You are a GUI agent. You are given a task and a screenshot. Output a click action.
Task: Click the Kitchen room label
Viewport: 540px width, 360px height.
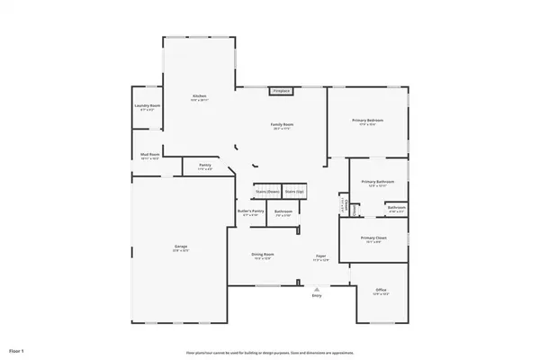tap(199, 95)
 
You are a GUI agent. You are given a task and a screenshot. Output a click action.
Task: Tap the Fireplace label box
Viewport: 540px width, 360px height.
tap(282, 91)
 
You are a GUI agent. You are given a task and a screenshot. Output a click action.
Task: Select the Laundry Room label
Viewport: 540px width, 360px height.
tap(147, 106)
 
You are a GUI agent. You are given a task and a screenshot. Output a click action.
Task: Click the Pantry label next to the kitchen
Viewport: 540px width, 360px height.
tap(204, 166)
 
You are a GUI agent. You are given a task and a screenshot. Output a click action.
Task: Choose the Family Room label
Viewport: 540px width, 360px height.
tap(283, 124)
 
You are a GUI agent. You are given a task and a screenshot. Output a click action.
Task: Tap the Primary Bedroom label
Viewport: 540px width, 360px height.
tap(367, 120)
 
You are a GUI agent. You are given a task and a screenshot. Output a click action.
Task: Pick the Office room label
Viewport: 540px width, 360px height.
tap(381, 289)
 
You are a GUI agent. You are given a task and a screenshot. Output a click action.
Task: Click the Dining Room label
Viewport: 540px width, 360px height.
tap(262, 255)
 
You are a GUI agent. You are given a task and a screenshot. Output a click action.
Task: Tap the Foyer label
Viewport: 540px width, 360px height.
tap(319, 256)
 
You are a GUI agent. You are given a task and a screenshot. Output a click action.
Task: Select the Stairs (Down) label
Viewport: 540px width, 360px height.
tap(265, 192)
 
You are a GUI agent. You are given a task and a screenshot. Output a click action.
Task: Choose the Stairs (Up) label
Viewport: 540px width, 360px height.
tap(294, 192)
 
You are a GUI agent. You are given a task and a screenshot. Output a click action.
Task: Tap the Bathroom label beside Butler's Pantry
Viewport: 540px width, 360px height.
tap(282, 211)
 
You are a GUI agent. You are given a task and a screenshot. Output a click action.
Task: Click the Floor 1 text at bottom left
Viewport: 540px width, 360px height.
tap(15, 349)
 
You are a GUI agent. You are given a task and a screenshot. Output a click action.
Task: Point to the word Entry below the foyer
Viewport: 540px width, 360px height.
tap(316, 295)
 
